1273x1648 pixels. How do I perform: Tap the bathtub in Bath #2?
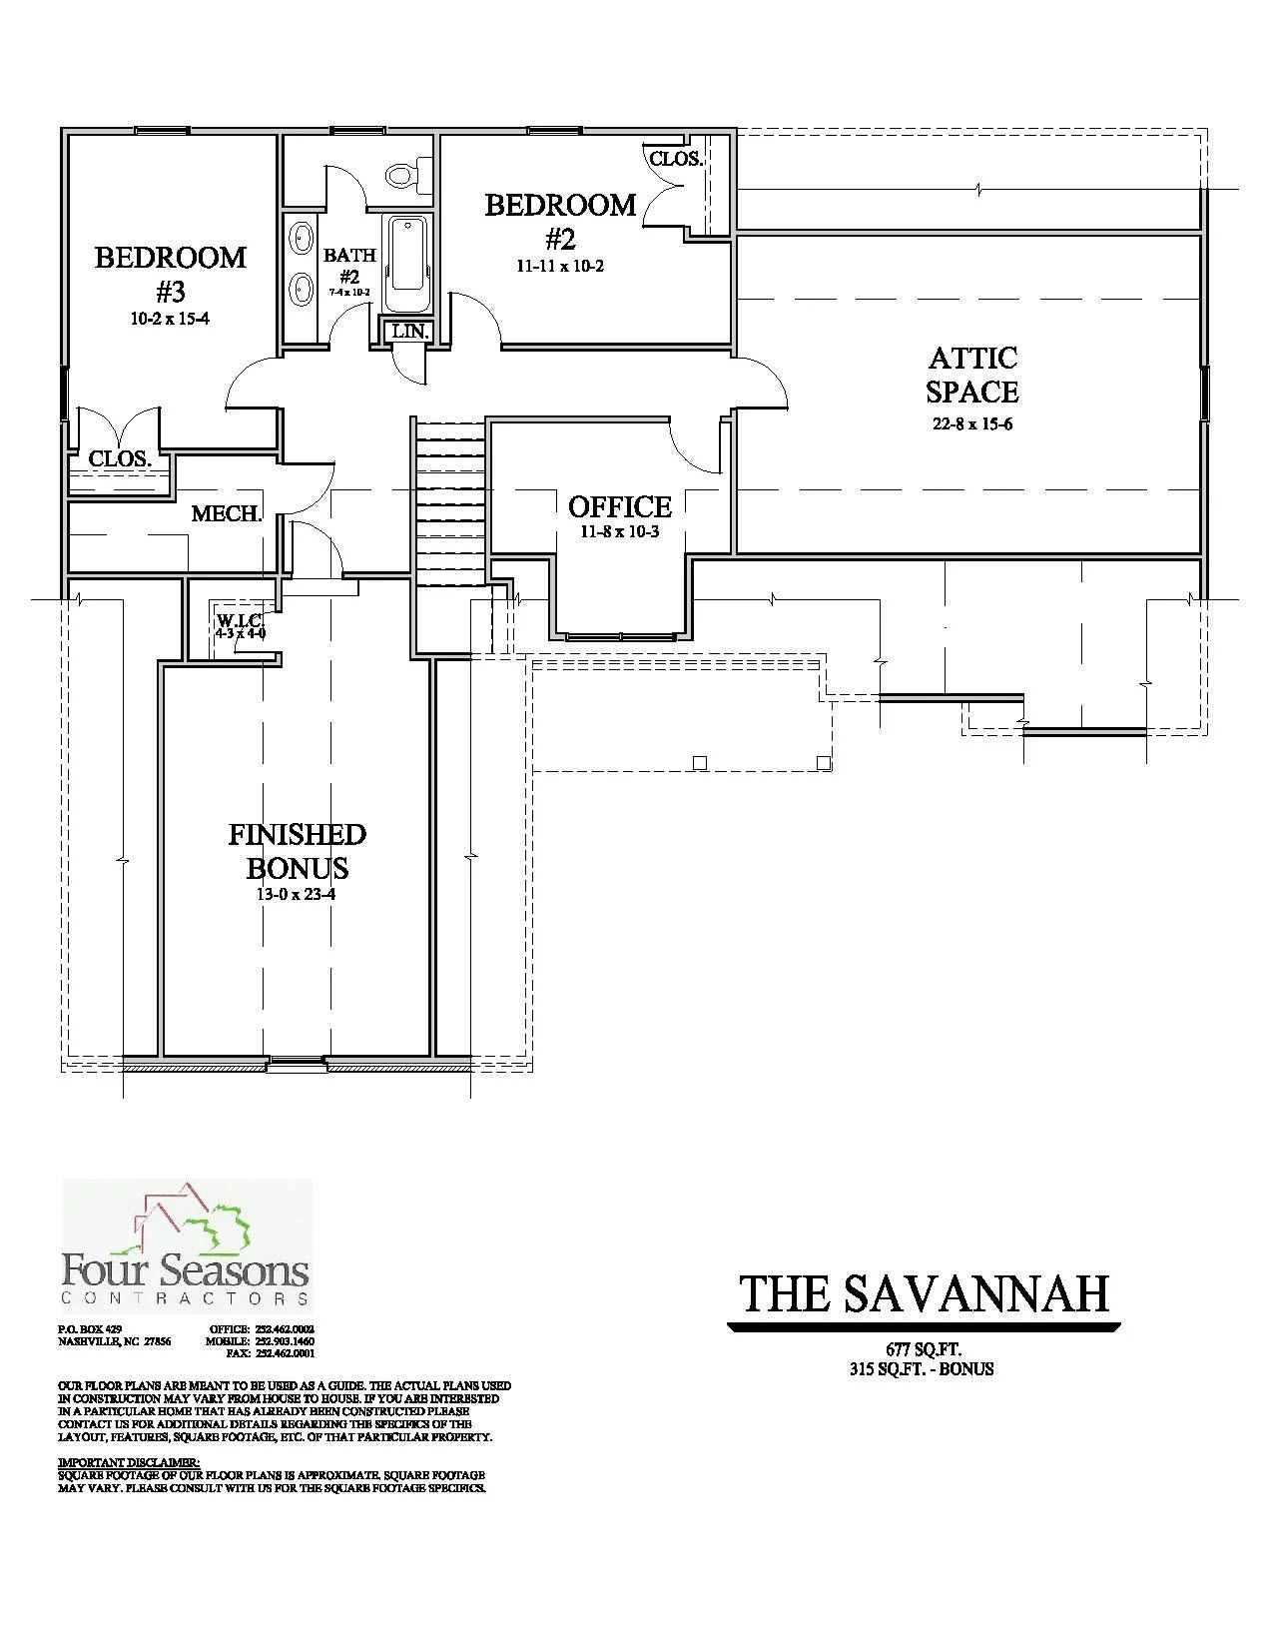coord(407,264)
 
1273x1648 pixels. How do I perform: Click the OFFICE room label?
coord(620,506)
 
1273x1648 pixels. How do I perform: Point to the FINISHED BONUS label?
coord(297,850)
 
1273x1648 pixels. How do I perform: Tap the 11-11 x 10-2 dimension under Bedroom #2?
coord(560,267)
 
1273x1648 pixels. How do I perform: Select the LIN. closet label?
coord(409,331)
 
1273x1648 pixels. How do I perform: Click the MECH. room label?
coord(227,514)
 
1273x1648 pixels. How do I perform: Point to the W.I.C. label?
coord(240,619)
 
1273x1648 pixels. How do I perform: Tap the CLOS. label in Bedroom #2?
coord(676,159)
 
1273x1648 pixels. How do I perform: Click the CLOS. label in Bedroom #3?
coord(120,459)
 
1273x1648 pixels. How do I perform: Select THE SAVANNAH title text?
coord(925,1294)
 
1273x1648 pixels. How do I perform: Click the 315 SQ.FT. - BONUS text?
coord(920,1369)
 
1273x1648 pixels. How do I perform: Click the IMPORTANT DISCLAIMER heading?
coord(129,1462)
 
